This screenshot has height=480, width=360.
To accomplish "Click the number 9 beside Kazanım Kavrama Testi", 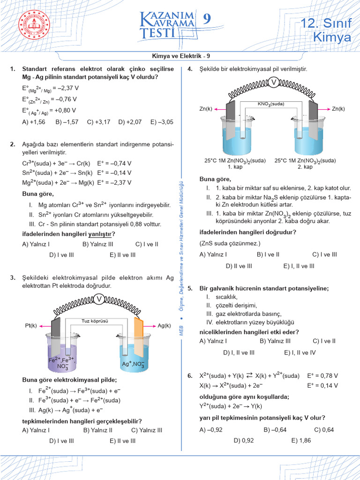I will click(207, 19).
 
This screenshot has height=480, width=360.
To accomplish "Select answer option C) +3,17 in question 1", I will click(98, 122).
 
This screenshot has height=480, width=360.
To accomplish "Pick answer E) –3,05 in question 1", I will click(162, 122).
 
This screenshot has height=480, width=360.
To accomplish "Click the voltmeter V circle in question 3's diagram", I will click(99, 299).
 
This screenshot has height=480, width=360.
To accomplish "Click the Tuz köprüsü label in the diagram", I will click(95, 321).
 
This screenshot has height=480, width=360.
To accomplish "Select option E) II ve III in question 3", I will click(122, 441).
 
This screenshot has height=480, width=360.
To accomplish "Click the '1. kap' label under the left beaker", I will click(234, 167).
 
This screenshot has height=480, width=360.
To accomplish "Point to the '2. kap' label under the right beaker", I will click(305, 167).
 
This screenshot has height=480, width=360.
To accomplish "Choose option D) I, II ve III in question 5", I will click(239, 352).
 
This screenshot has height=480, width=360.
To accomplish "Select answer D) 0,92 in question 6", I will click(243, 440).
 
